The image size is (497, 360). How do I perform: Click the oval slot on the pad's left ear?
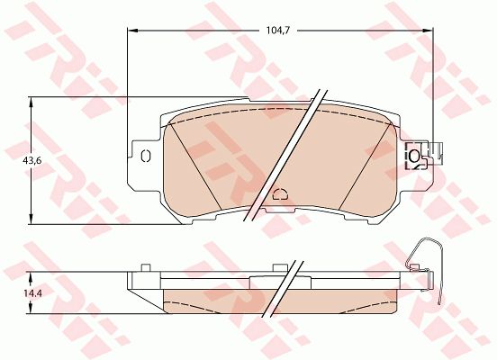(146, 157)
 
